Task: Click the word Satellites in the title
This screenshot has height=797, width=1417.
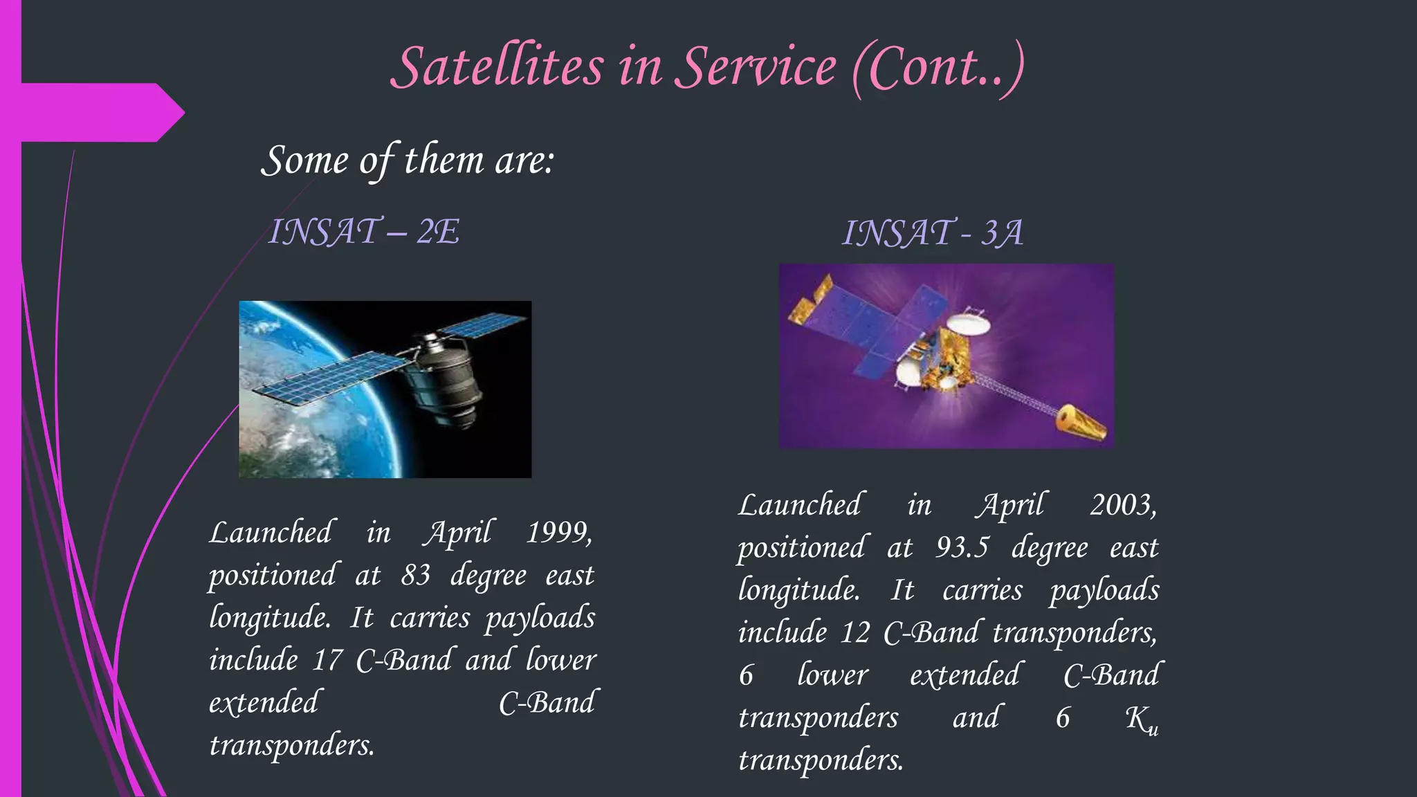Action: coord(497,68)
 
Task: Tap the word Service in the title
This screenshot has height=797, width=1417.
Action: coord(756,68)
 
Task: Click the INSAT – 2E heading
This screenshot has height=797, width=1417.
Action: coord(364,231)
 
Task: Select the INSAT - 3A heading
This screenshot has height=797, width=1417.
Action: coord(932,232)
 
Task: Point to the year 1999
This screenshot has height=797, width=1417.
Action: coord(559,533)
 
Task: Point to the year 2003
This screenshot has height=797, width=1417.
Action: coord(1122,505)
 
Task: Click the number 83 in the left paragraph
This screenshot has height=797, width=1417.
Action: coord(415,575)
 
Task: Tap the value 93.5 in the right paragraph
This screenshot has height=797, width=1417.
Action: coord(962,547)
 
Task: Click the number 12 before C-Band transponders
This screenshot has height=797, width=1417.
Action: coord(855,632)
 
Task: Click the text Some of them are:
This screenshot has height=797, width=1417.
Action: coord(408,161)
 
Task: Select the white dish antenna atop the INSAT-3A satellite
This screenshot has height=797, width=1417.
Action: coord(967,323)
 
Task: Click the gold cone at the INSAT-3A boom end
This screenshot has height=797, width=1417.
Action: coord(1081,423)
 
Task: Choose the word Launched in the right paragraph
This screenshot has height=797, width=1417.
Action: coord(799,505)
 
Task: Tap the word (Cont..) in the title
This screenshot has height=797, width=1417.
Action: coord(938,68)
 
